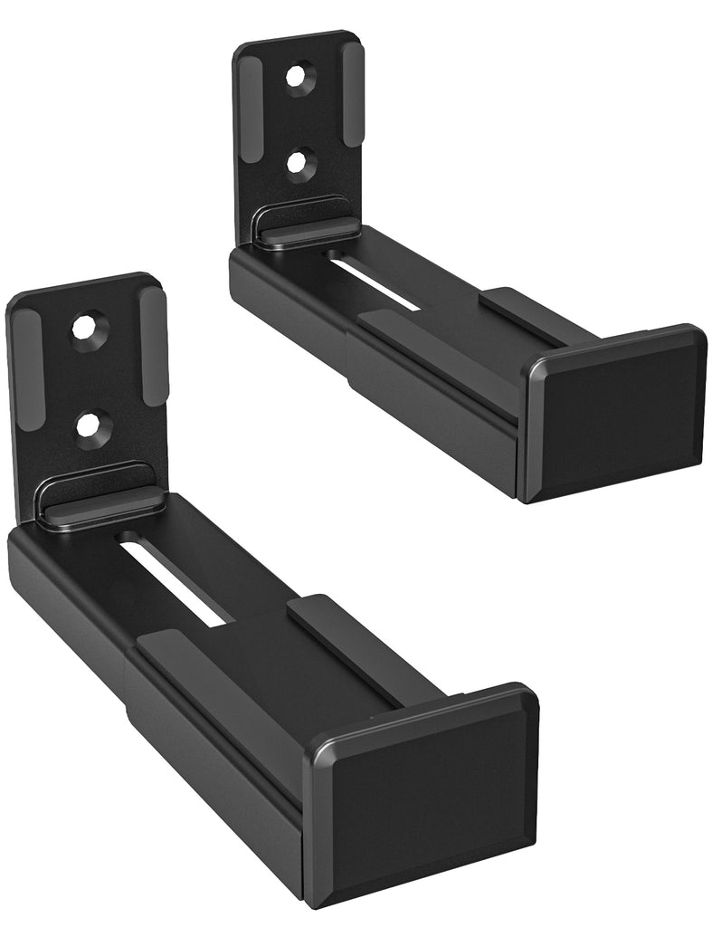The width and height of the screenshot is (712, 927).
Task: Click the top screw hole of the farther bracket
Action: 299,77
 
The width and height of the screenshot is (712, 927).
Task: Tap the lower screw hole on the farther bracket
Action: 299,164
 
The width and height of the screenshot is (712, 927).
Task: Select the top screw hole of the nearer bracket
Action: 89,326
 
